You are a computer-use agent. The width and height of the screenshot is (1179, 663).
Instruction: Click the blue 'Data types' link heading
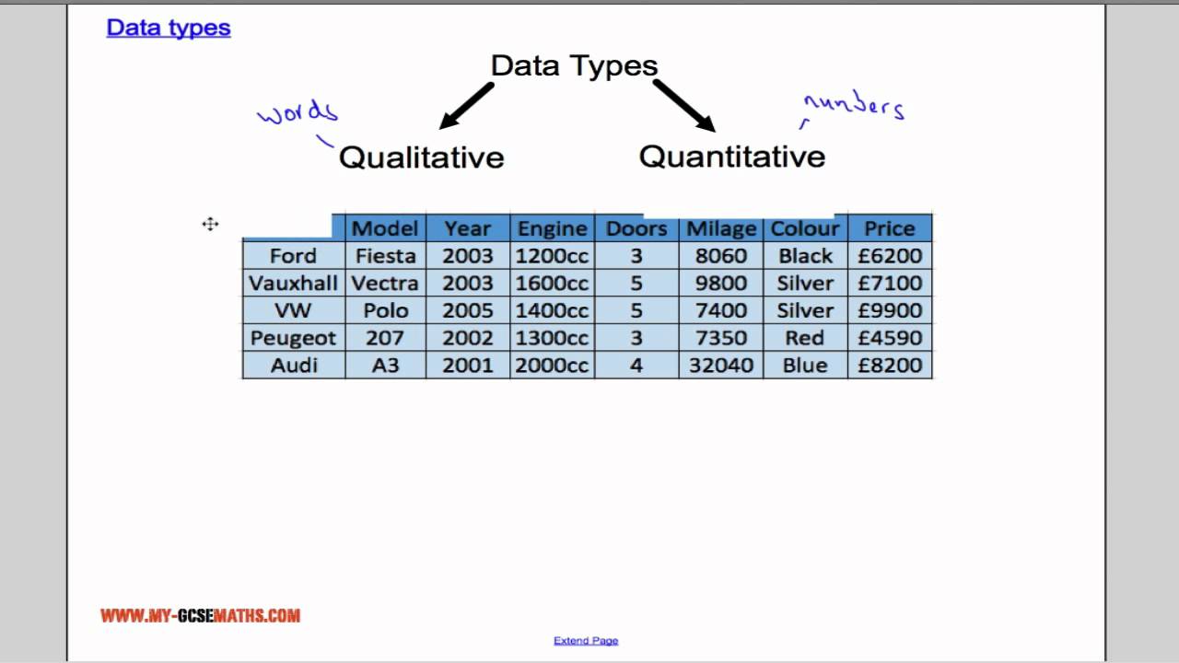[x=168, y=28]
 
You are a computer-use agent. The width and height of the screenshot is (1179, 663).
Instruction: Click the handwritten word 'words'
[x=298, y=113]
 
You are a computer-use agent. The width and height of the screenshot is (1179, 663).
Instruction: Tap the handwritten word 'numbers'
[x=854, y=107]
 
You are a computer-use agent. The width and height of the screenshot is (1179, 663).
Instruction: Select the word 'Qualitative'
[x=422, y=157]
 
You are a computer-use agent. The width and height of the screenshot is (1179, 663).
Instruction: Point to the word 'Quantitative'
[x=732, y=156]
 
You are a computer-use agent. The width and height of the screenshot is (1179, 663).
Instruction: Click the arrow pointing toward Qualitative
[x=467, y=105]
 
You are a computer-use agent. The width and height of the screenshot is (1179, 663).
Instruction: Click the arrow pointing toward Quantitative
[x=684, y=105]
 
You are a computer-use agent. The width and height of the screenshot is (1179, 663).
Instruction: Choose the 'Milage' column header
[x=721, y=228]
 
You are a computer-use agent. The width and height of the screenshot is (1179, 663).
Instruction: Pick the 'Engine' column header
[x=552, y=228]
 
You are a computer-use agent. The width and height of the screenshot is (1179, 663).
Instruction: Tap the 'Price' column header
[x=890, y=228]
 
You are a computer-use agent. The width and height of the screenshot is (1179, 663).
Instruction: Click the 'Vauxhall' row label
[x=293, y=283]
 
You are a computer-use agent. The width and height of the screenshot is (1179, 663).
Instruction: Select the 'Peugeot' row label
[x=293, y=338]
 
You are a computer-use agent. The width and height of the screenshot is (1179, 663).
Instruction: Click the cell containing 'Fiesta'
[x=385, y=255]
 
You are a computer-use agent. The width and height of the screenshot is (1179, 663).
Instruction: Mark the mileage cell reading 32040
[x=721, y=365]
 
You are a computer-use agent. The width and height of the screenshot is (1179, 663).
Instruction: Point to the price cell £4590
[x=890, y=338]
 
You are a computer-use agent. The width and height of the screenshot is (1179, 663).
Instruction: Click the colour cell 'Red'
[x=804, y=338]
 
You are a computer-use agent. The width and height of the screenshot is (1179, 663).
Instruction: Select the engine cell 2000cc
[x=552, y=365]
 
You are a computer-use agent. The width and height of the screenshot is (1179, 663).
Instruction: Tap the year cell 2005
[x=468, y=310]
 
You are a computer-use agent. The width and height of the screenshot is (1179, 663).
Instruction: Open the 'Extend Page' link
[x=586, y=641]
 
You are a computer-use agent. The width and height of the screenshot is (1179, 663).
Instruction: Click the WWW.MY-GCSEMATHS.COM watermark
[x=201, y=616]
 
